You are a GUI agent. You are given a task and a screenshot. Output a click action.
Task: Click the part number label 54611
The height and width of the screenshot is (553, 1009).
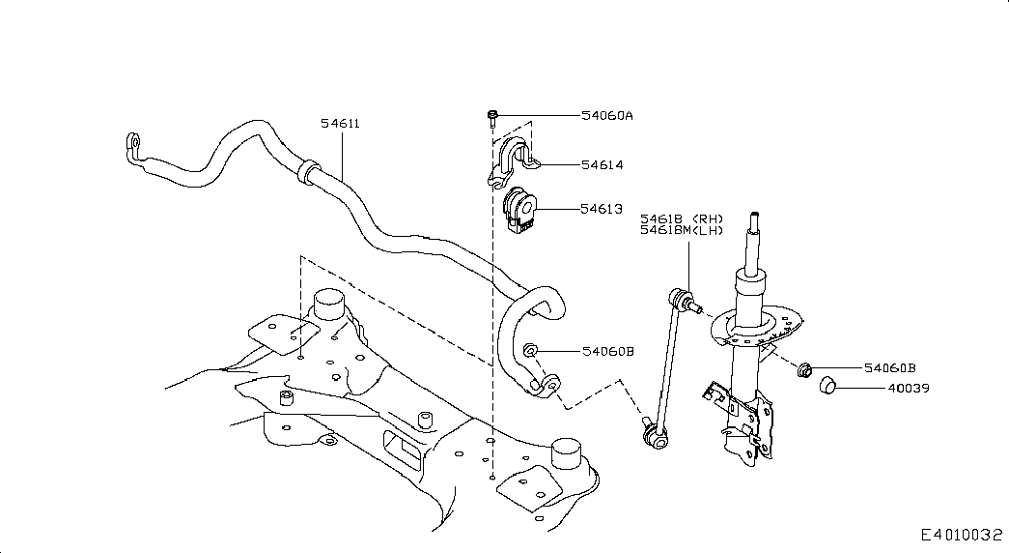click(x=341, y=123)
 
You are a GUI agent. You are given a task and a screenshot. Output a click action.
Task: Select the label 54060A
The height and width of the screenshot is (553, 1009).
click(x=606, y=115)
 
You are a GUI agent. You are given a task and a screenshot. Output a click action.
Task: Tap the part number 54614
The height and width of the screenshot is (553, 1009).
click(x=603, y=165)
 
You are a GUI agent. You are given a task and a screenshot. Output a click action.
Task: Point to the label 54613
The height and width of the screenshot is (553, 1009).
click(x=602, y=209)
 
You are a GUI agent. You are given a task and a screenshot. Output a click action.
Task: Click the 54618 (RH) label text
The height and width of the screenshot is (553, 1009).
click(x=682, y=219)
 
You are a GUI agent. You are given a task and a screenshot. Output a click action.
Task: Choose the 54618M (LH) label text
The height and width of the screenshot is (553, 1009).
click(x=682, y=230)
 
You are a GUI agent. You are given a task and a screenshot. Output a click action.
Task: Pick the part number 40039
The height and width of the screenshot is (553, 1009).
click(x=909, y=388)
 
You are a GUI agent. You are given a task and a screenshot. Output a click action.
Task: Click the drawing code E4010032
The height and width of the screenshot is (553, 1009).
click(x=962, y=535)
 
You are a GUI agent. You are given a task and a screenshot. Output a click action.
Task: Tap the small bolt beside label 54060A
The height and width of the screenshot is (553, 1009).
click(x=492, y=117)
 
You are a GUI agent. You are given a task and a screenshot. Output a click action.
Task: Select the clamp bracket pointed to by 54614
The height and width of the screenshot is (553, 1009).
click(x=513, y=161)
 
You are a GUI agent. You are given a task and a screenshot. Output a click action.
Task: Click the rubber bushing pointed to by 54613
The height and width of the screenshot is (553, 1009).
click(x=518, y=210)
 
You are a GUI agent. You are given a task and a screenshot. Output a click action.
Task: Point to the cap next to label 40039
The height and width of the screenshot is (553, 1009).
click(x=827, y=386)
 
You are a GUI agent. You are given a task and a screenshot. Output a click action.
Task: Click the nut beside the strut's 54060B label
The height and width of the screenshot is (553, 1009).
click(x=803, y=370)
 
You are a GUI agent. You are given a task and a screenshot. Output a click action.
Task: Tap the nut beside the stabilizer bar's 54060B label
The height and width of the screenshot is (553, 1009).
click(x=530, y=350)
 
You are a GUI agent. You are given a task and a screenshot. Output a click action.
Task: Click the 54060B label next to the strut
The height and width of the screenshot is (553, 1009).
click(x=890, y=368)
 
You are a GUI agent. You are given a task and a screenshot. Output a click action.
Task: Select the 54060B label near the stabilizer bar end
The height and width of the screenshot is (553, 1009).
click(x=608, y=351)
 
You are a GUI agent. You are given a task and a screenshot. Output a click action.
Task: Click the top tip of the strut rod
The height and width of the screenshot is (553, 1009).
click(x=754, y=214)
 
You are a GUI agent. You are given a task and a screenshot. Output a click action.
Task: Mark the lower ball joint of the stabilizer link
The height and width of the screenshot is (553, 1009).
click(x=655, y=439)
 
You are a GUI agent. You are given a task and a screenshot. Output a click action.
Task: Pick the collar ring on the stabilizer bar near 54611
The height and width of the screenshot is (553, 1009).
click(x=307, y=170)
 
